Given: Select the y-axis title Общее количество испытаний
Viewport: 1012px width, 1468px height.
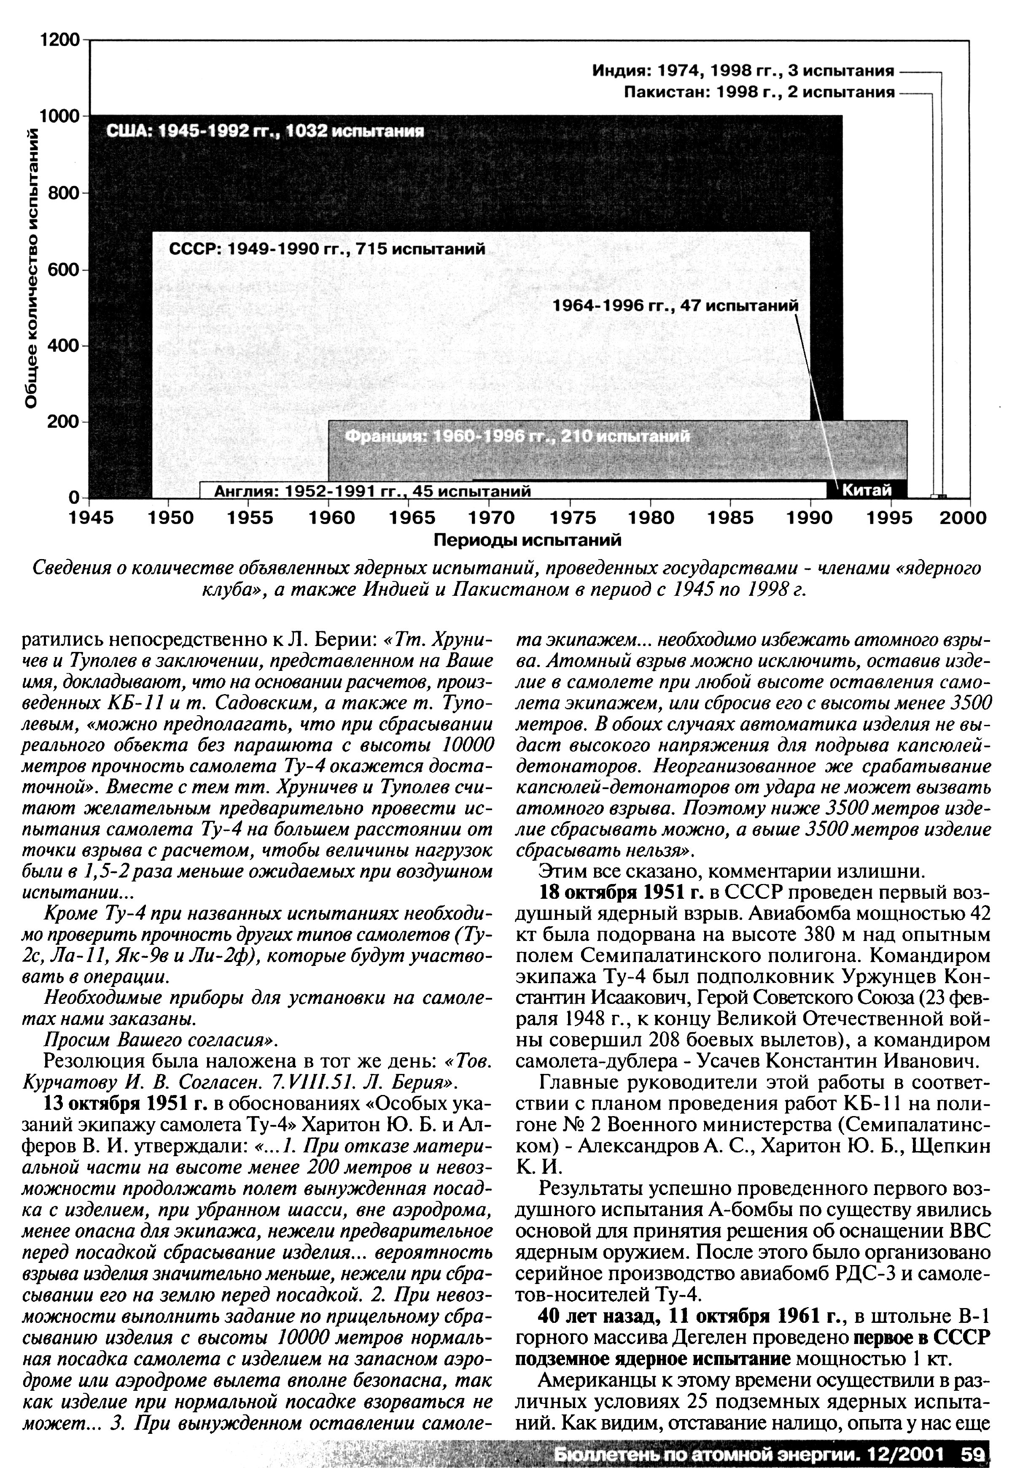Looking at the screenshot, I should (32, 266).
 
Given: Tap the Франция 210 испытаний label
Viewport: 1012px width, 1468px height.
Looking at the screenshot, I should (517, 437).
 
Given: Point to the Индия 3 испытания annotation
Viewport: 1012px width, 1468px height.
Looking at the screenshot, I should (743, 70).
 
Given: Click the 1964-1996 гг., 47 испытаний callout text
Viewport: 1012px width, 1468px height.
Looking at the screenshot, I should (676, 306).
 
